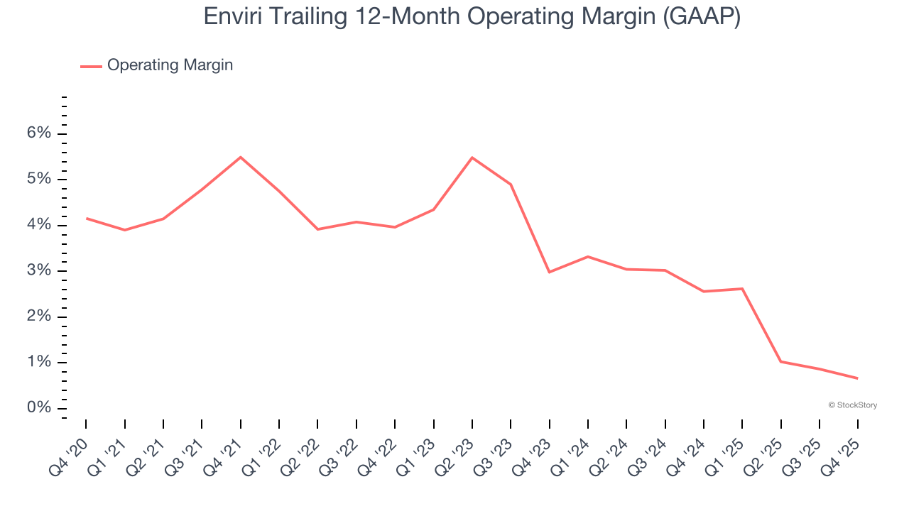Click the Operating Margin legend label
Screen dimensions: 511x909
point(170,65)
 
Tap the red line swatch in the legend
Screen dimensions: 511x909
point(91,66)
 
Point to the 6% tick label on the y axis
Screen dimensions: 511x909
point(40,133)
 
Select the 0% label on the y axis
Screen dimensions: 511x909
point(40,408)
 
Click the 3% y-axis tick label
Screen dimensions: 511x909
point(40,271)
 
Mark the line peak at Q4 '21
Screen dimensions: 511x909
point(241,157)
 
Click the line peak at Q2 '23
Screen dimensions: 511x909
point(472,158)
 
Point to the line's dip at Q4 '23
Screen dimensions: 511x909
point(549,272)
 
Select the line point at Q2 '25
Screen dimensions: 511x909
point(780,361)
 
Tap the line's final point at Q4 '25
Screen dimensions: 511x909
point(857,378)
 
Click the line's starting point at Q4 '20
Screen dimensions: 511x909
point(87,218)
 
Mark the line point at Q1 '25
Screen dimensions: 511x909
point(742,289)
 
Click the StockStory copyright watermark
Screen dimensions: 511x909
point(852,405)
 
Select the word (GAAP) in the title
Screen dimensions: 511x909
point(701,16)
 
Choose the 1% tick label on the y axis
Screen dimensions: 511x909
point(40,363)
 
